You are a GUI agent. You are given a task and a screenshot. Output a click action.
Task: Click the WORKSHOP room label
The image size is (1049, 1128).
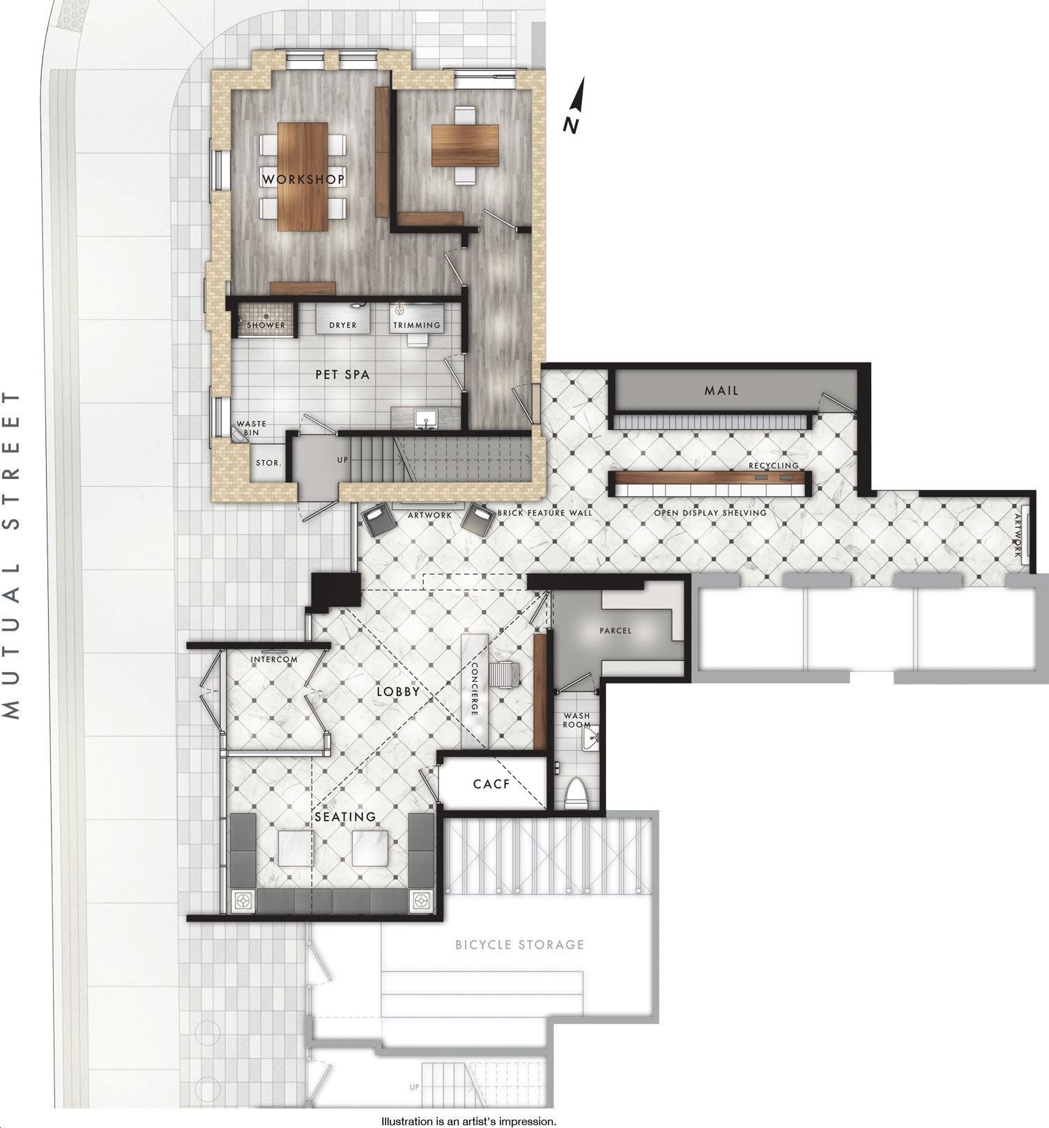(303, 179)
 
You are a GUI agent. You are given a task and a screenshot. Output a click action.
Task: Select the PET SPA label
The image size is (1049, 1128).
(342, 374)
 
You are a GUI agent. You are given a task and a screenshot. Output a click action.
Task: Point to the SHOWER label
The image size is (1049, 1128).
(266, 325)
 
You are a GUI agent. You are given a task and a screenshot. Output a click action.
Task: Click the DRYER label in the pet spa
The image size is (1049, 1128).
(343, 325)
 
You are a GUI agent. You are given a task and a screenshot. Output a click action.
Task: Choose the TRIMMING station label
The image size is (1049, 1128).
(417, 325)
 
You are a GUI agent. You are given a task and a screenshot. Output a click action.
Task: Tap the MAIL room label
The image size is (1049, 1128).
(721, 390)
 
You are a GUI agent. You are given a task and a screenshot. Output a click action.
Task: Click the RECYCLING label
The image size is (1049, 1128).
(774, 465)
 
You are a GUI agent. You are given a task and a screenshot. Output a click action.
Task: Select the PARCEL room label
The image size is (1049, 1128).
(615, 630)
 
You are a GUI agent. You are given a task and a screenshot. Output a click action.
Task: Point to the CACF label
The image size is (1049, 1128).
(491, 784)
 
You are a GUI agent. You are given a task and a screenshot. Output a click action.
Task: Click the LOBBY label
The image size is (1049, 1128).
(398, 691)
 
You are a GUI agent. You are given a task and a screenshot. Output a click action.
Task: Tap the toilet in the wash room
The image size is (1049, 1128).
(576, 793)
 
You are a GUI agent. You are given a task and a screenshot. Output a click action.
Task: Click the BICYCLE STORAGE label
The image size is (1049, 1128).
(519, 945)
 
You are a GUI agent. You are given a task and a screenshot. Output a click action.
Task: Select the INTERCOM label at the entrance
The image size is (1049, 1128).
(274, 659)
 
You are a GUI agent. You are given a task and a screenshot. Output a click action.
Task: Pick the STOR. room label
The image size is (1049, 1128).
(268, 462)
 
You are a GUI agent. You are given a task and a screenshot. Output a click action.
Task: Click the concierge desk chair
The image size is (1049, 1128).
(504, 674)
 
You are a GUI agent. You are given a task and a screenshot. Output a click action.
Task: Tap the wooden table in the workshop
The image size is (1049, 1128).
(303, 176)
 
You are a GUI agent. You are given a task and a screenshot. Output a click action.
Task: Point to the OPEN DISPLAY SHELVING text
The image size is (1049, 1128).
(710, 512)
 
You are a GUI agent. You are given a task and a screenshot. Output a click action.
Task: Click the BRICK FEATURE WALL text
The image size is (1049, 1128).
(544, 512)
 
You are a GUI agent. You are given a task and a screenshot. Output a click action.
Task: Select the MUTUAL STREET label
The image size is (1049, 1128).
(12, 555)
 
